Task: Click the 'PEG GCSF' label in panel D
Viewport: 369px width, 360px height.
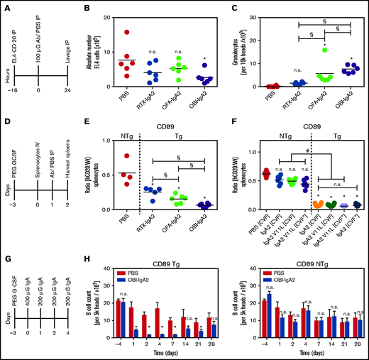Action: (x=16, y=165)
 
